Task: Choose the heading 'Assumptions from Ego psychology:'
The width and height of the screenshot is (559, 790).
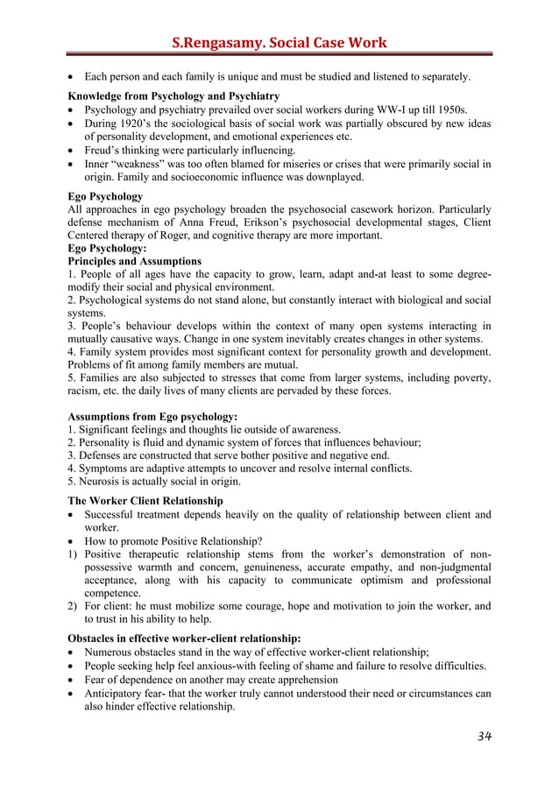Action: [152, 417]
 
